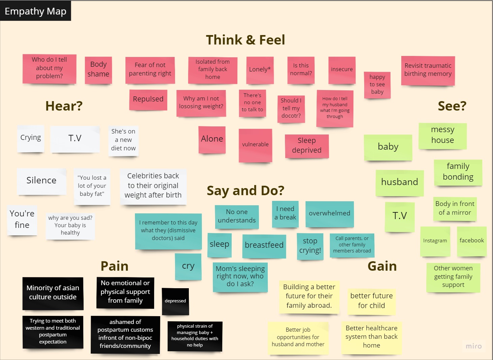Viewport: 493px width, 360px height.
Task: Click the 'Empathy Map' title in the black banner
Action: point(35,11)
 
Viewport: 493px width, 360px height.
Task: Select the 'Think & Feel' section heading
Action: point(245,40)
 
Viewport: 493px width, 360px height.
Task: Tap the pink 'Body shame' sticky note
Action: point(98,69)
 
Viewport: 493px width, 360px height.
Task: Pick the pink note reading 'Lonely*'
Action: point(260,70)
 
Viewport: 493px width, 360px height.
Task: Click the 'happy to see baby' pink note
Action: point(377,85)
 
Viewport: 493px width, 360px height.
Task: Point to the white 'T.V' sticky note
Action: point(75,139)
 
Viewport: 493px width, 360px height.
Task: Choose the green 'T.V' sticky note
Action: point(400,216)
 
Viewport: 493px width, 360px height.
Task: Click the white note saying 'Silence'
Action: point(41,181)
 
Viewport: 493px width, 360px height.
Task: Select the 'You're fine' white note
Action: point(22,219)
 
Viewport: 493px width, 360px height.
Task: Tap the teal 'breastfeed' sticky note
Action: point(264,245)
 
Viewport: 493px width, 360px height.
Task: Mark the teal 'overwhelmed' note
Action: point(329,214)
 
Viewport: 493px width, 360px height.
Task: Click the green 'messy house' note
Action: point(442,135)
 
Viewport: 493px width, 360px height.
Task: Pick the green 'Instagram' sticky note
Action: point(435,241)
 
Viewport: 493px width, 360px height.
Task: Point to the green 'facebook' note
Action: point(471,241)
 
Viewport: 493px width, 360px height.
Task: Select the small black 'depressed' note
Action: point(175,301)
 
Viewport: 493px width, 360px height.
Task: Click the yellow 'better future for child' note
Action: point(371,301)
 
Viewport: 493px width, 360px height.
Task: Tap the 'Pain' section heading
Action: point(114,266)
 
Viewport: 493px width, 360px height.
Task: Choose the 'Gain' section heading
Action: point(382,266)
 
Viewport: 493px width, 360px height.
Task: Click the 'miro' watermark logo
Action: point(473,346)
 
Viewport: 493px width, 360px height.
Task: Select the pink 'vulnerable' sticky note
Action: point(255,145)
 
